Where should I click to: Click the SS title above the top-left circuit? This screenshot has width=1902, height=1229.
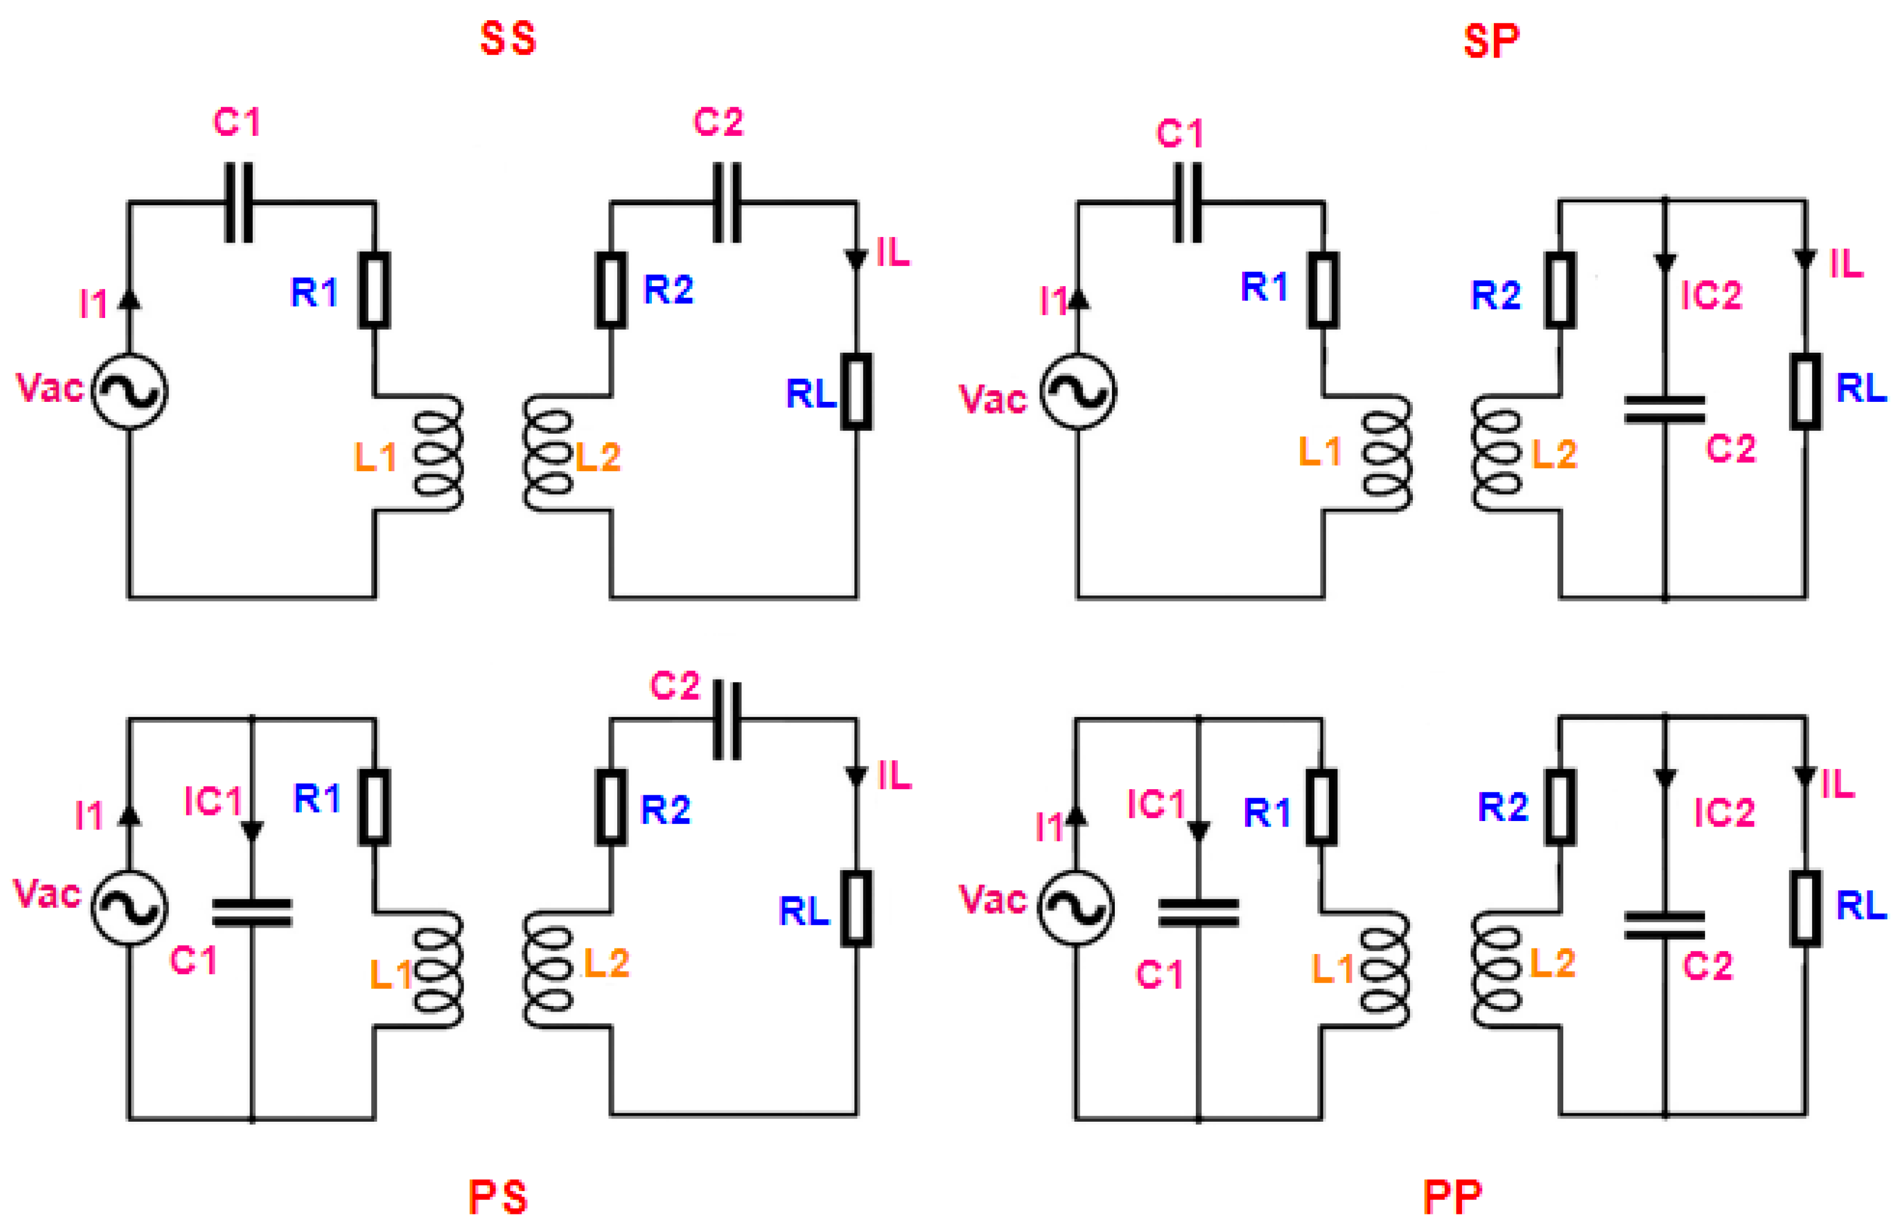[x=508, y=39]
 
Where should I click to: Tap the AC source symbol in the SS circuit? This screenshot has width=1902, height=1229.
[x=129, y=391]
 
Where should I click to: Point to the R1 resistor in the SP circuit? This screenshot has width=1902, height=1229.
[x=1323, y=290]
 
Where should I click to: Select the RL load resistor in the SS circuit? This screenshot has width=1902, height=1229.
[x=857, y=391]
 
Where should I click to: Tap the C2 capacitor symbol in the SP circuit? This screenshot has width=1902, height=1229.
[x=1664, y=410]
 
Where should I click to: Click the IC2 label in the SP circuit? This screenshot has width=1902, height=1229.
[x=1710, y=295]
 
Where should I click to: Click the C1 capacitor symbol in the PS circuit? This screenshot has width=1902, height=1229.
[x=252, y=912]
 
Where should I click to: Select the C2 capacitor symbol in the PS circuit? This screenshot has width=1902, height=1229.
[x=726, y=720]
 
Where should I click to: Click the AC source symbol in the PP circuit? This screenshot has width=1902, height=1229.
[x=1075, y=908]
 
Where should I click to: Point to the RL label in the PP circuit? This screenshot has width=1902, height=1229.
[x=1861, y=905]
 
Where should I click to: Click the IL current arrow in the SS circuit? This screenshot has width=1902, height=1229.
[x=857, y=259]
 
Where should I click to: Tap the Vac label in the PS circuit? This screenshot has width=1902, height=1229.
[x=47, y=894]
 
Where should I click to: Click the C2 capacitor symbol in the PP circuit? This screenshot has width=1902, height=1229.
[x=1664, y=926]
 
